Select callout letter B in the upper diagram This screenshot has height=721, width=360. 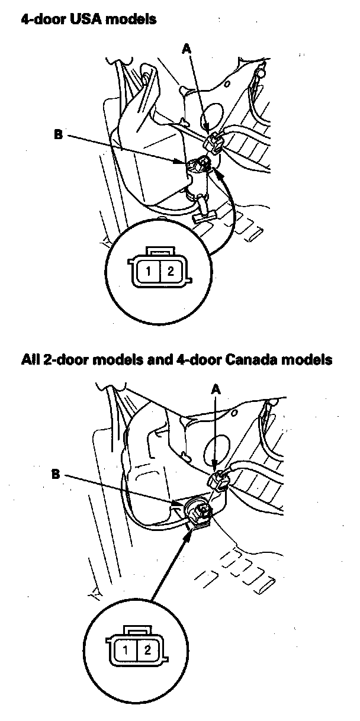pyautogui.click(x=58, y=135)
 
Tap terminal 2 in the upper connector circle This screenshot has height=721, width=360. pyautogui.click(x=171, y=272)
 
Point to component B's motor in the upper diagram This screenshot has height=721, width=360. pyautogui.click(x=199, y=165)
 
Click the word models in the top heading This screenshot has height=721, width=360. pyautogui.click(x=134, y=20)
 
